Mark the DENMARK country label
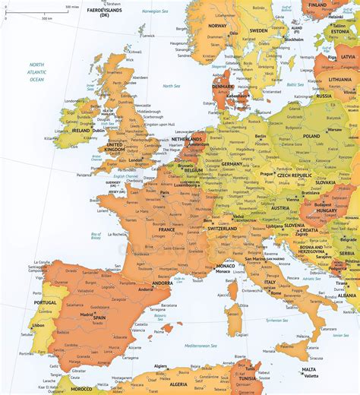tap(223, 87)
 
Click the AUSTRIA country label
tap(280, 208)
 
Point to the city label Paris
tap(165, 193)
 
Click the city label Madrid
tap(87, 314)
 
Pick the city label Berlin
tap(261, 136)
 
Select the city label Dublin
tap(99, 130)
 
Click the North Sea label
tap(170, 86)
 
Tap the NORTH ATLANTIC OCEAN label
tap(37, 73)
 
